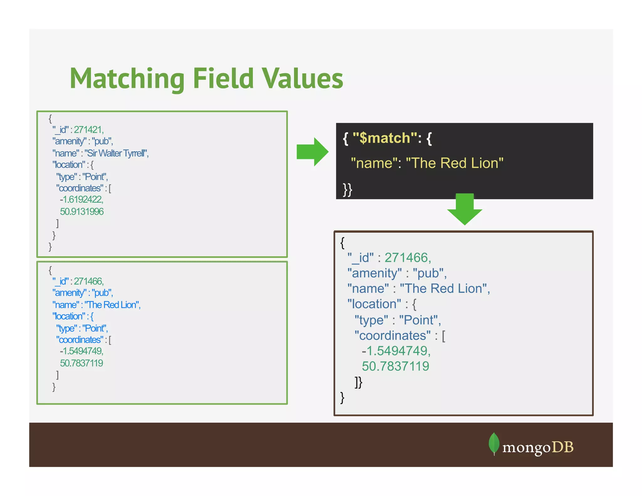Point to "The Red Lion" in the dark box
click(455, 163)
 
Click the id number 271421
click(88, 129)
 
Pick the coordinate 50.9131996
click(82, 211)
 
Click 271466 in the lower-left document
click(88, 281)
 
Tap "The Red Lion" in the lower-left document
click(112, 305)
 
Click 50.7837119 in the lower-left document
click(82, 363)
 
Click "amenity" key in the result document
click(374, 273)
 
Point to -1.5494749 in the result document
click(396, 351)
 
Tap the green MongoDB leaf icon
click(494, 443)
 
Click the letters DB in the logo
click(563, 447)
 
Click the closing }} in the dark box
click(348, 189)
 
